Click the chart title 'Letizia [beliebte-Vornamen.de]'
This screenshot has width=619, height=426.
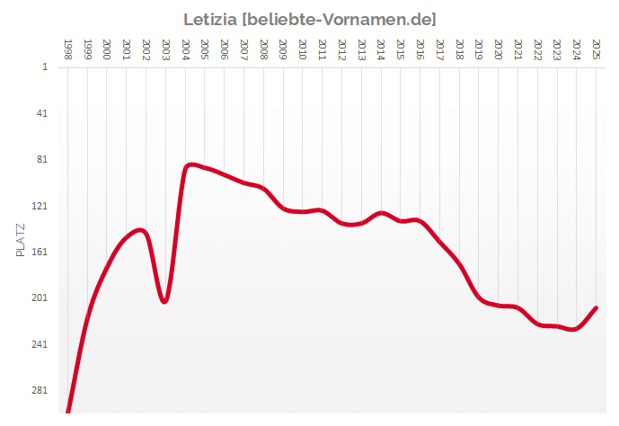309,19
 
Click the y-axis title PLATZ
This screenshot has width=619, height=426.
22,239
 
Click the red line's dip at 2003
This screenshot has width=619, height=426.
164,301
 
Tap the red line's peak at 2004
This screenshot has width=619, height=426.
190,164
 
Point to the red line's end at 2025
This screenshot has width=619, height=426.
596,308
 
